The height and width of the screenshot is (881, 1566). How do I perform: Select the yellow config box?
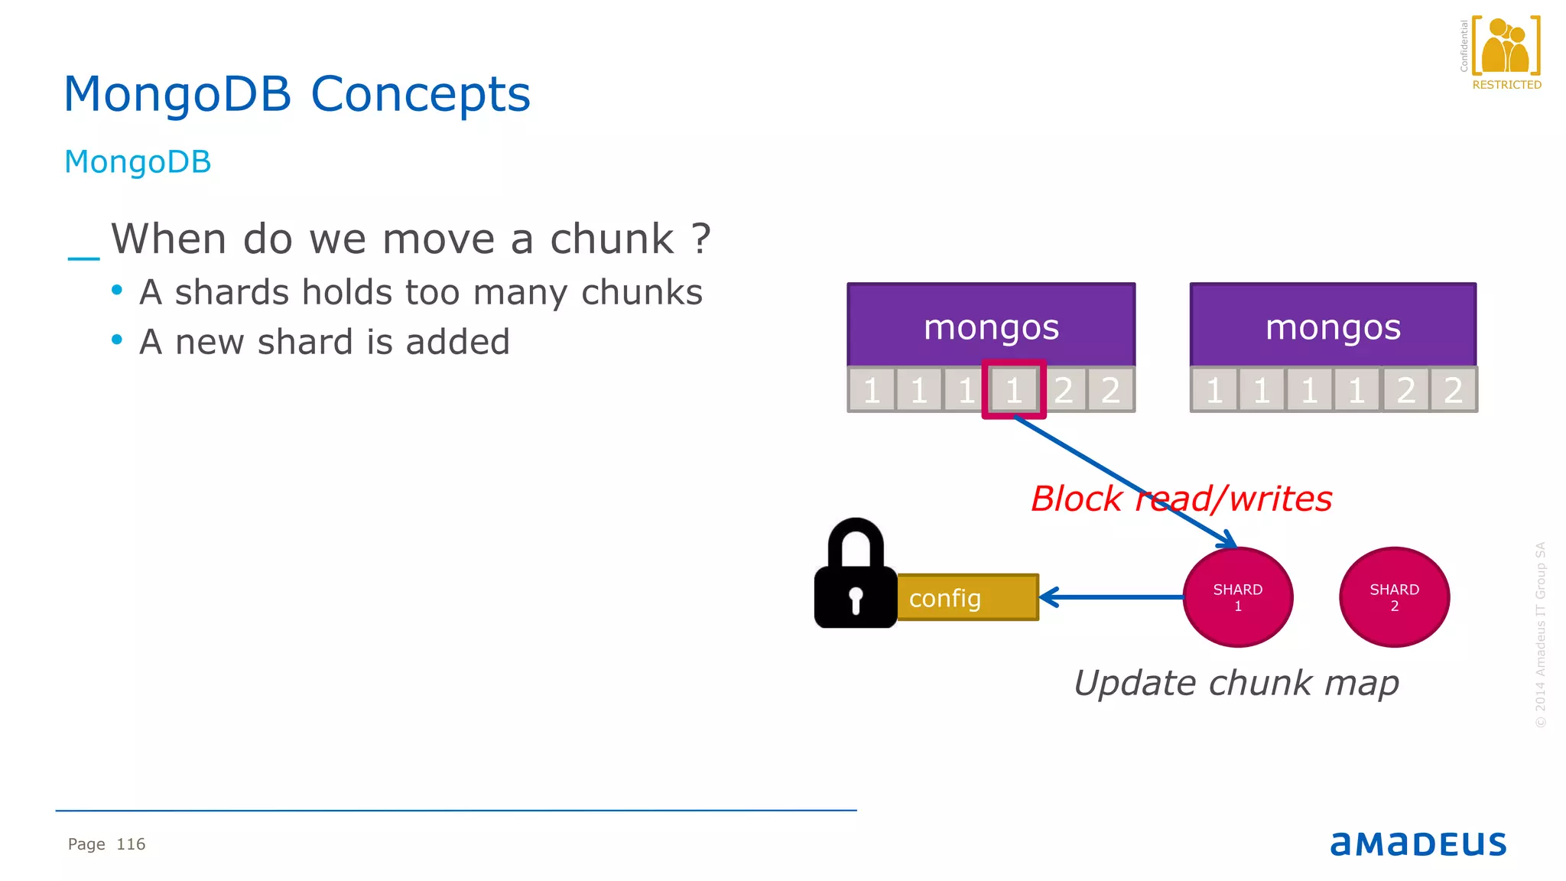[967, 597]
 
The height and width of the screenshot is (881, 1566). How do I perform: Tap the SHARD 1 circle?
[1237, 597]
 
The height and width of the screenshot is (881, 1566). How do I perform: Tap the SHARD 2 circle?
[1394, 597]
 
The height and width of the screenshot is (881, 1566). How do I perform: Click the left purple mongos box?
[991, 326]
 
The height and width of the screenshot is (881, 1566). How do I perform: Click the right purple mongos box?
[1333, 326]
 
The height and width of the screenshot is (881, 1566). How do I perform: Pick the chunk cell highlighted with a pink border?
[1014, 390]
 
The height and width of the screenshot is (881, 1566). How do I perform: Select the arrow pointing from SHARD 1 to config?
[1109, 597]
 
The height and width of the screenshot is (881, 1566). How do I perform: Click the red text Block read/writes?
[1181, 499]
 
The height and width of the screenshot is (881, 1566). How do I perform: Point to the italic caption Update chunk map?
[1236, 682]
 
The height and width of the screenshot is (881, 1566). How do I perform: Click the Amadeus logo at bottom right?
[1418, 844]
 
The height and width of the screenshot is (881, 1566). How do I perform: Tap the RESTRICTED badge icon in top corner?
[1506, 52]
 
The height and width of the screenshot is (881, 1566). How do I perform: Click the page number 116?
[131, 844]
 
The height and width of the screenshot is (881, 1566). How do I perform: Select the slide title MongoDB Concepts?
[297, 94]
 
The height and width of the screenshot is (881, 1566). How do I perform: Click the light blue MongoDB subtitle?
[138, 162]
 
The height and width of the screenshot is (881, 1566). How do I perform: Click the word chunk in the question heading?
[612, 239]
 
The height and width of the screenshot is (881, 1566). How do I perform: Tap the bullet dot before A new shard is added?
[117, 340]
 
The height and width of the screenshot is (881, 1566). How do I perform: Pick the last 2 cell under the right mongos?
[1453, 390]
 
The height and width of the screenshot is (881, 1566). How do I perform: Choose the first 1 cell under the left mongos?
[871, 390]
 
